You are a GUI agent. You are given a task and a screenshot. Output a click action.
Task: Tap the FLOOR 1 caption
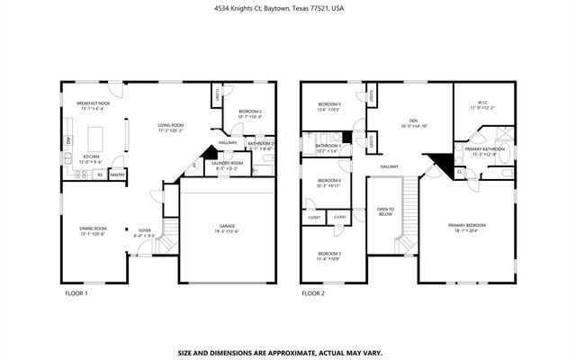tap(76, 293)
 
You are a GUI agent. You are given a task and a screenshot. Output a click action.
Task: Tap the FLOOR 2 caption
tap(312, 293)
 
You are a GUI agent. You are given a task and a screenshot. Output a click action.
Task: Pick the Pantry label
tap(117, 175)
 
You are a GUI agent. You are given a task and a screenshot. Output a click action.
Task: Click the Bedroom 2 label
tap(249, 113)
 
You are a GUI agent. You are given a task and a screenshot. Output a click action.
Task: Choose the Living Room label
tap(170, 127)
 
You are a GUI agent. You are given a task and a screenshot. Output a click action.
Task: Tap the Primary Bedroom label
tap(468, 227)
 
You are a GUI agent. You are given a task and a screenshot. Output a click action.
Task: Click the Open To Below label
tap(385, 212)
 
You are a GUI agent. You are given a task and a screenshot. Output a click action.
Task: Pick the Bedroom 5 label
tap(328, 106)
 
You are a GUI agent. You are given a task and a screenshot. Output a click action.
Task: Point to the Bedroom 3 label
tap(328, 256)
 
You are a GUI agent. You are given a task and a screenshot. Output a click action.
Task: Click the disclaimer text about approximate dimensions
tap(287, 330)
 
